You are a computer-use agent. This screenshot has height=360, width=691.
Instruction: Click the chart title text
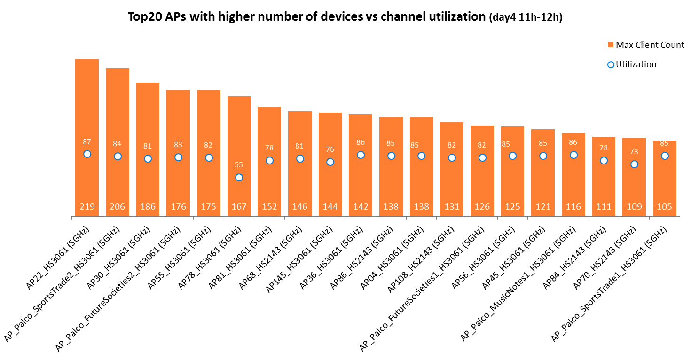[x=345, y=17]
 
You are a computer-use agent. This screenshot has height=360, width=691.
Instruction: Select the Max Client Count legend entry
[x=645, y=45]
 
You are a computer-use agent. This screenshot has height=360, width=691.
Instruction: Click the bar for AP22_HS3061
[x=87, y=103]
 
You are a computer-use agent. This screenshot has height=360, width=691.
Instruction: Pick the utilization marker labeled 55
[x=239, y=177]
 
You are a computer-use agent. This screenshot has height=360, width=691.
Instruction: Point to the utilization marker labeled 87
[x=87, y=154]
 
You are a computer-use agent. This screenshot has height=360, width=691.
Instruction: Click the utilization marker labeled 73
[x=634, y=164]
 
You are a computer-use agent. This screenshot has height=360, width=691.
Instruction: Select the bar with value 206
[x=118, y=108]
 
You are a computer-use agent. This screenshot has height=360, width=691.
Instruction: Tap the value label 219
[x=87, y=207]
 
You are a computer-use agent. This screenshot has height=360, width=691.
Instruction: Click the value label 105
[x=664, y=207]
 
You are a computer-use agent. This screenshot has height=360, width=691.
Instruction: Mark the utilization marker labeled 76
[x=330, y=162]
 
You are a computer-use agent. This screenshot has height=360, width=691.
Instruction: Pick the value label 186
[x=148, y=207]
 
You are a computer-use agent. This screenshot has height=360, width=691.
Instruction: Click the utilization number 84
[x=118, y=144]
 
